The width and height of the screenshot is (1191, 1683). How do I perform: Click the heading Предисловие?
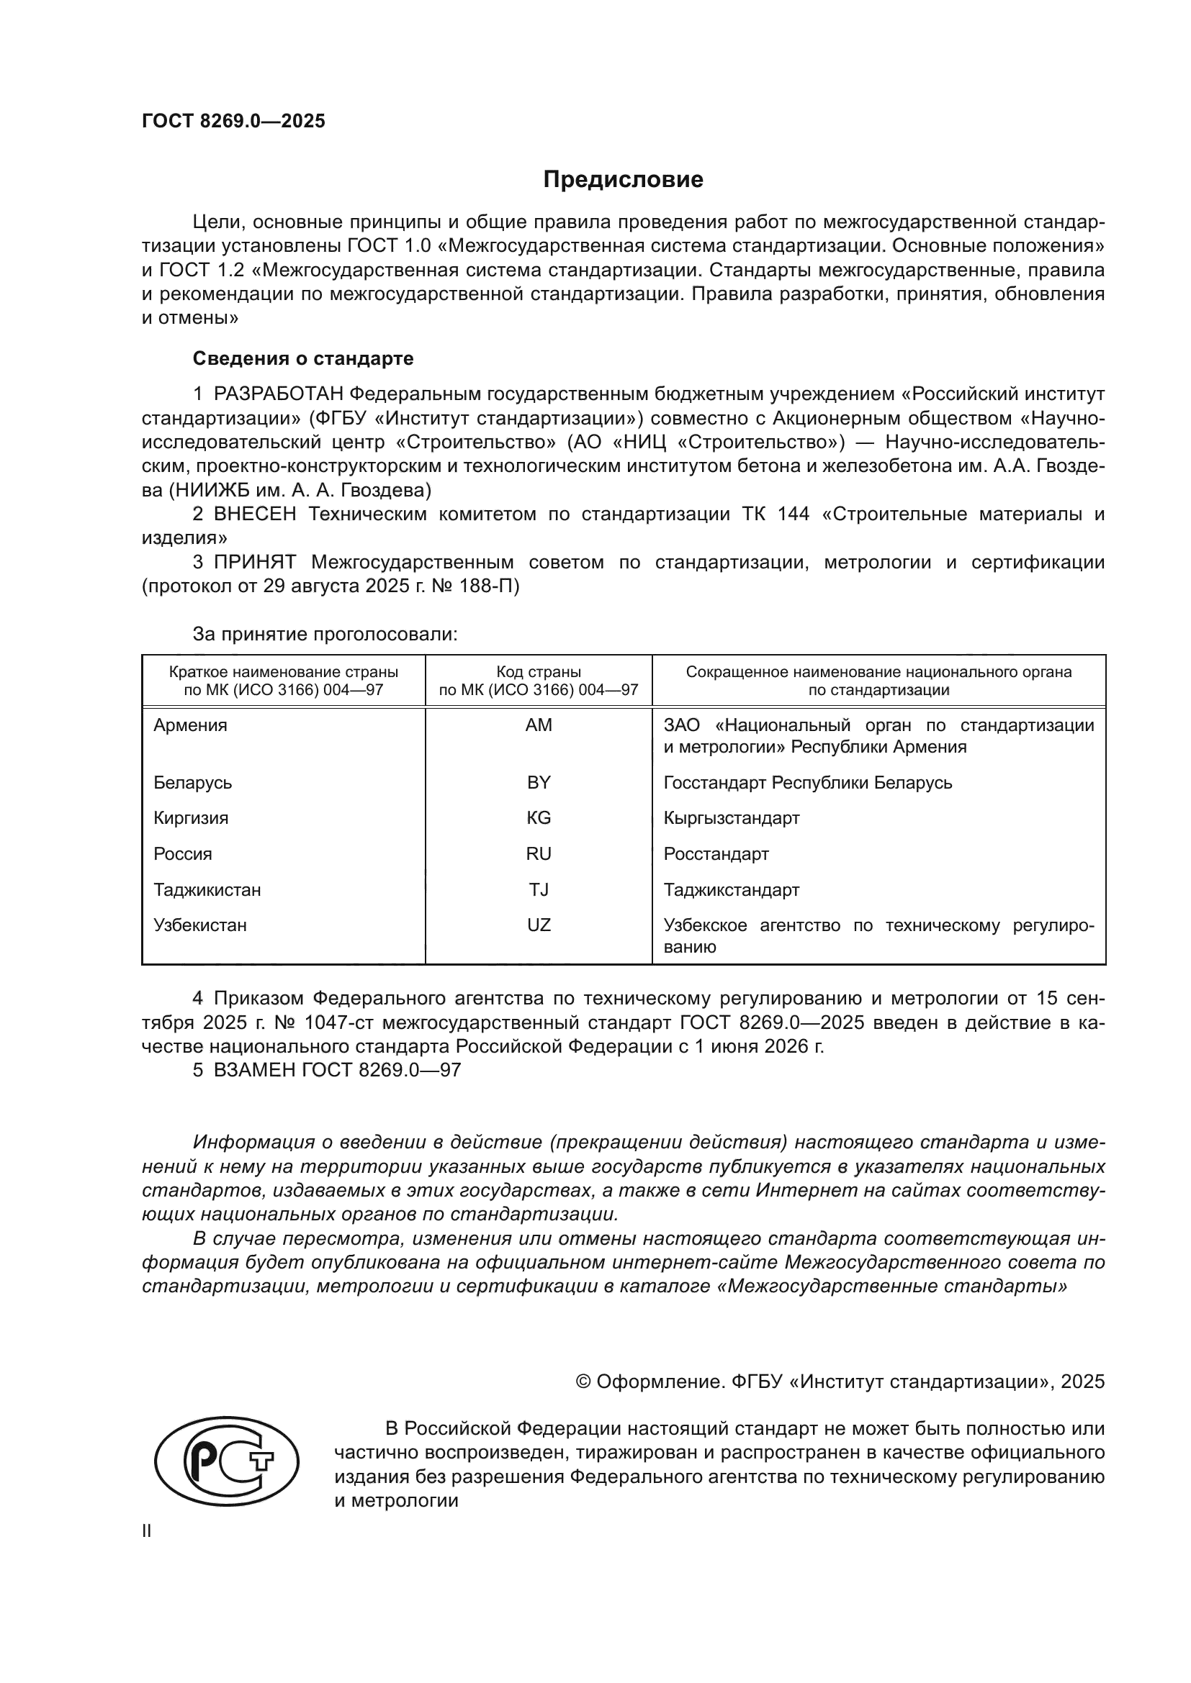tap(623, 180)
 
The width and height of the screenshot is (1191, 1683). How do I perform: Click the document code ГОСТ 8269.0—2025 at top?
tap(233, 121)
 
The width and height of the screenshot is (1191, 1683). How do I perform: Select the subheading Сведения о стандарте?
tap(303, 358)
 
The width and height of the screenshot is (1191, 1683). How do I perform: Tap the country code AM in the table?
tap(539, 725)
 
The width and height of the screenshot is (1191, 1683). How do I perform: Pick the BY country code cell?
tap(539, 782)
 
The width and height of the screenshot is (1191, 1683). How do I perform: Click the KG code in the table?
tap(539, 818)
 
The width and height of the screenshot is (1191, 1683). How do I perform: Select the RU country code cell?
tap(539, 854)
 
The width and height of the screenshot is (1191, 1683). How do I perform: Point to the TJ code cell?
tap(539, 890)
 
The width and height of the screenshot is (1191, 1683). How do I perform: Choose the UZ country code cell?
tap(539, 925)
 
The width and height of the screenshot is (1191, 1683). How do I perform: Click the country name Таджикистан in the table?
tap(207, 890)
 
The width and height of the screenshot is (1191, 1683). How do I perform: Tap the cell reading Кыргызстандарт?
tap(730, 818)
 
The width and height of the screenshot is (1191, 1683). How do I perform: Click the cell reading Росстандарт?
tap(716, 854)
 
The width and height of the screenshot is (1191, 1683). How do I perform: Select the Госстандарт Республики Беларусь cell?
tap(807, 782)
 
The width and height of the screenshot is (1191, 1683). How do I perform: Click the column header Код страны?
tap(539, 672)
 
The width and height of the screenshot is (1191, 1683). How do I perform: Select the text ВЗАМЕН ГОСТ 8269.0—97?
tap(336, 1070)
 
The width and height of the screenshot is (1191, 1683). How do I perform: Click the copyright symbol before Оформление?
tap(583, 1382)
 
